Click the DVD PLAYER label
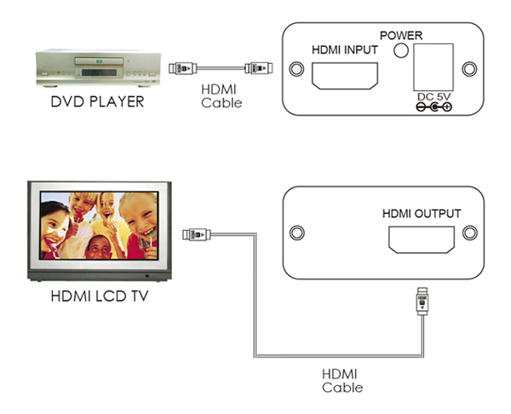pyautogui.click(x=97, y=101)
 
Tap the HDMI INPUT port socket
pyautogui.click(x=345, y=76)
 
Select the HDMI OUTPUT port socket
pyautogui.click(x=422, y=240)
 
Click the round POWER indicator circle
pyautogui.click(x=401, y=50)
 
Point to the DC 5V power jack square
pyautogui.click(x=433, y=66)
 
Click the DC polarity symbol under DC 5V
pyautogui.click(x=434, y=106)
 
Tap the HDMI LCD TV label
pyautogui.click(x=100, y=296)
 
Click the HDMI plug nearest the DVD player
pyautogui.click(x=182, y=68)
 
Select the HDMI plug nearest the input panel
pyautogui.click(x=259, y=68)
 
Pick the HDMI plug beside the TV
pyautogui.click(x=197, y=234)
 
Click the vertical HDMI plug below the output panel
pyautogui.click(x=422, y=302)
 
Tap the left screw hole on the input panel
pyautogui.click(x=296, y=69)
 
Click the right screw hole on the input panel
pyautogui.click(x=469, y=69)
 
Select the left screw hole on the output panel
pyautogui.click(x=297, y=233)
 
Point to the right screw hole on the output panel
pyautogui.click(x=470, y=233)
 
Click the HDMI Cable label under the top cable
pyautogui.click(x=221, y=96)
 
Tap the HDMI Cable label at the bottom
pyautogui.click(x=342, y=381)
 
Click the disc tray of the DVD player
pyautogui.click(x=100, y=61)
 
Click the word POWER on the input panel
pyautogui.click(x=401, y=35)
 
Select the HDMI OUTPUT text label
pyautogui.click(x=422, y=214)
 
